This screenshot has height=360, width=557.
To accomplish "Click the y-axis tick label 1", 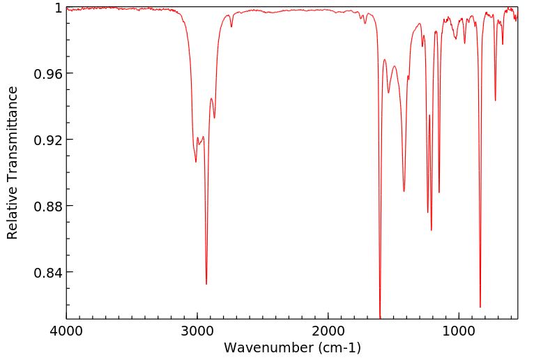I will pos(59,8).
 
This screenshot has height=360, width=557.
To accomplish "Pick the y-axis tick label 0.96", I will pos(49,74).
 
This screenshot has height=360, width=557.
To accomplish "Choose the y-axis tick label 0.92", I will pos(49,140).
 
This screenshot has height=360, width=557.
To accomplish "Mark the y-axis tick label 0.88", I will pos(49,207).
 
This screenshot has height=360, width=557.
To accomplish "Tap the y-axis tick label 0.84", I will pos(49,273).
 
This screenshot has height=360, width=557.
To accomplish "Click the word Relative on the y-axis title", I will pos(13,213).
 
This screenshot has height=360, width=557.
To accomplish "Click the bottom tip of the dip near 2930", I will pos(206,284).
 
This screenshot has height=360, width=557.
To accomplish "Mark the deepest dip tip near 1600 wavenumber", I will pos(380,317).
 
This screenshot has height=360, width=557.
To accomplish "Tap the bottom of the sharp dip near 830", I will pos(480,307).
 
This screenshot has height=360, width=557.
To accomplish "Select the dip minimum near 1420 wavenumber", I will pos(404,191).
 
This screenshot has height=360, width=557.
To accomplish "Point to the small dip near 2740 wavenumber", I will pos(231,27).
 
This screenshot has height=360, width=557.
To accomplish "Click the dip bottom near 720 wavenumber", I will pos(496,100).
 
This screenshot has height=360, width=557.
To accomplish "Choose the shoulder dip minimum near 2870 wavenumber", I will pos(214,117).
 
